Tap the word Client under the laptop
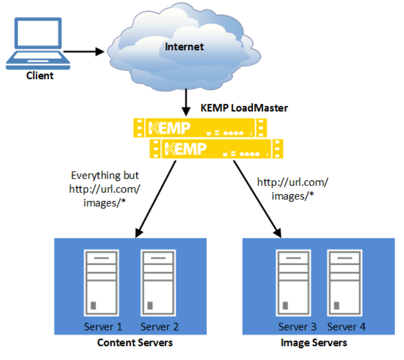(40, 75)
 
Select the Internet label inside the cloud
(184, 46)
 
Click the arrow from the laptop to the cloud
(83, 51)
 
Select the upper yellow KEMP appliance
(200, 127)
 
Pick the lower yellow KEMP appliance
(216, 149)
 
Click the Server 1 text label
(103, 327)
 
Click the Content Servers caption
(135, 343)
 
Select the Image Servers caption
(314, 343)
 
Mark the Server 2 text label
(159, 327)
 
